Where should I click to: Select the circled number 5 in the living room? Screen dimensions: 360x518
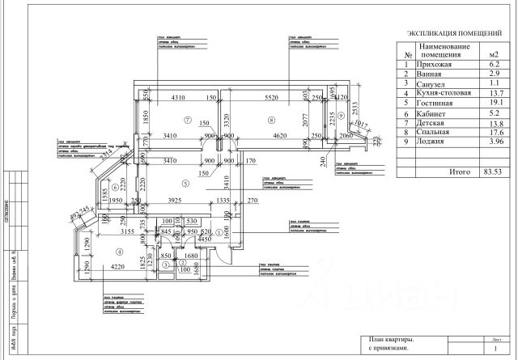186,184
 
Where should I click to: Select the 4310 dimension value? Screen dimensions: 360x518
168,98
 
